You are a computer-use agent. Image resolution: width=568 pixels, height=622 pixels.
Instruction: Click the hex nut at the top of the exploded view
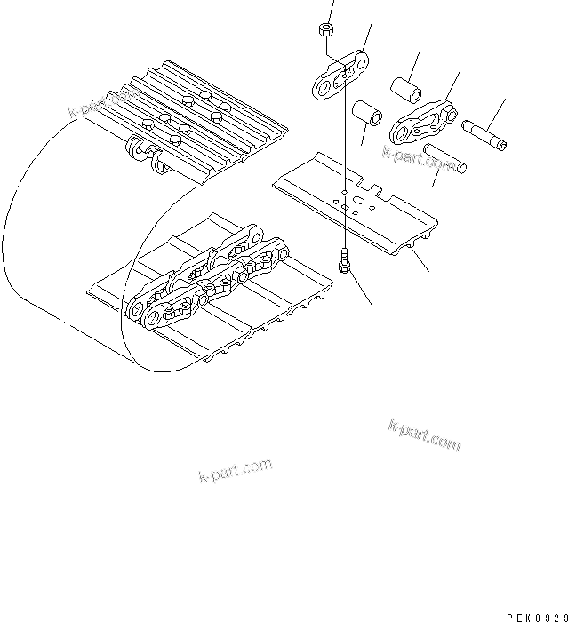point(325,29)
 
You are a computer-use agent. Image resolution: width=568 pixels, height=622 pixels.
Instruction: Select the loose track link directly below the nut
point(341,76)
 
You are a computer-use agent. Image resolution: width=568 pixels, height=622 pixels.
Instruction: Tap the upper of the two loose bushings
point(404,88)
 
